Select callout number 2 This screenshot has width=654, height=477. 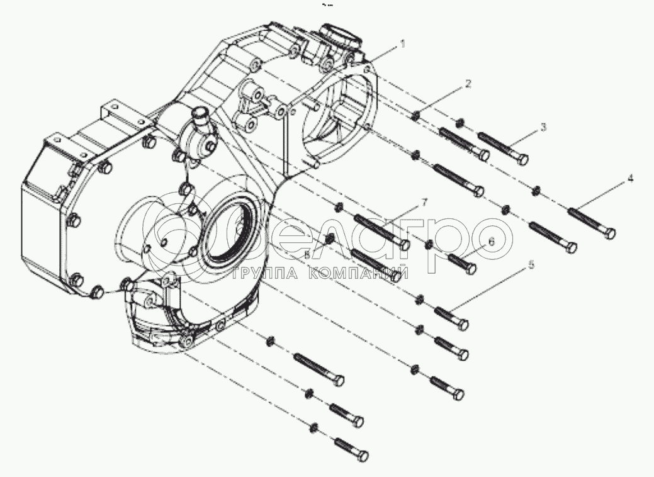click(468, 83)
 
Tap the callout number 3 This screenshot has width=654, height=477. click(544, 126)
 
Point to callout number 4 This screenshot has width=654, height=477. click(629, 179)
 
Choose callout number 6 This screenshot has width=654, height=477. click(492, 242)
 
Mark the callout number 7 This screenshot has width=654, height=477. click(424, 202)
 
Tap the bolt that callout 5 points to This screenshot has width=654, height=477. click(451, 316)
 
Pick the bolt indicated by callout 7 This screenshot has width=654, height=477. click(381, 231)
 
